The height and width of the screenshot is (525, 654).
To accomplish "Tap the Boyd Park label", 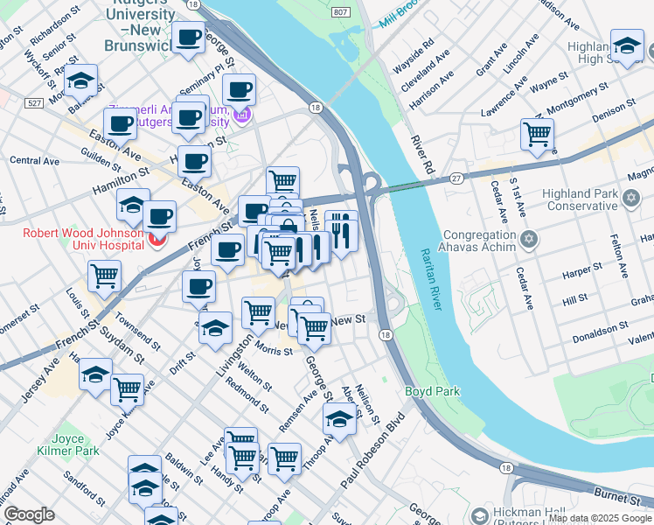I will coord(426,392).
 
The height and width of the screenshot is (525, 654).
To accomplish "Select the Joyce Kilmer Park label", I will coord(61,444).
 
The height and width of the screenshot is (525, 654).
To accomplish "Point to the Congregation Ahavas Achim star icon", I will coord(528,239).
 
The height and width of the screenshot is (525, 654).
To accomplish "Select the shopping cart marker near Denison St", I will coord(537,135).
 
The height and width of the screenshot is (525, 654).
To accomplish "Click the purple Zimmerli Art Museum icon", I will coord(243,114).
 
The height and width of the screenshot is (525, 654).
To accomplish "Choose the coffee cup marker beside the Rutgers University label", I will coord(188,38).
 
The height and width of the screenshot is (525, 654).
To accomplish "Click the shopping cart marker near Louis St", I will coord(104,276).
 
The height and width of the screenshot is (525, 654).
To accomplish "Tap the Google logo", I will coord(29,514).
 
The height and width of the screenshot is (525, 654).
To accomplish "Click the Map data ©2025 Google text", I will coord(600,518).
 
